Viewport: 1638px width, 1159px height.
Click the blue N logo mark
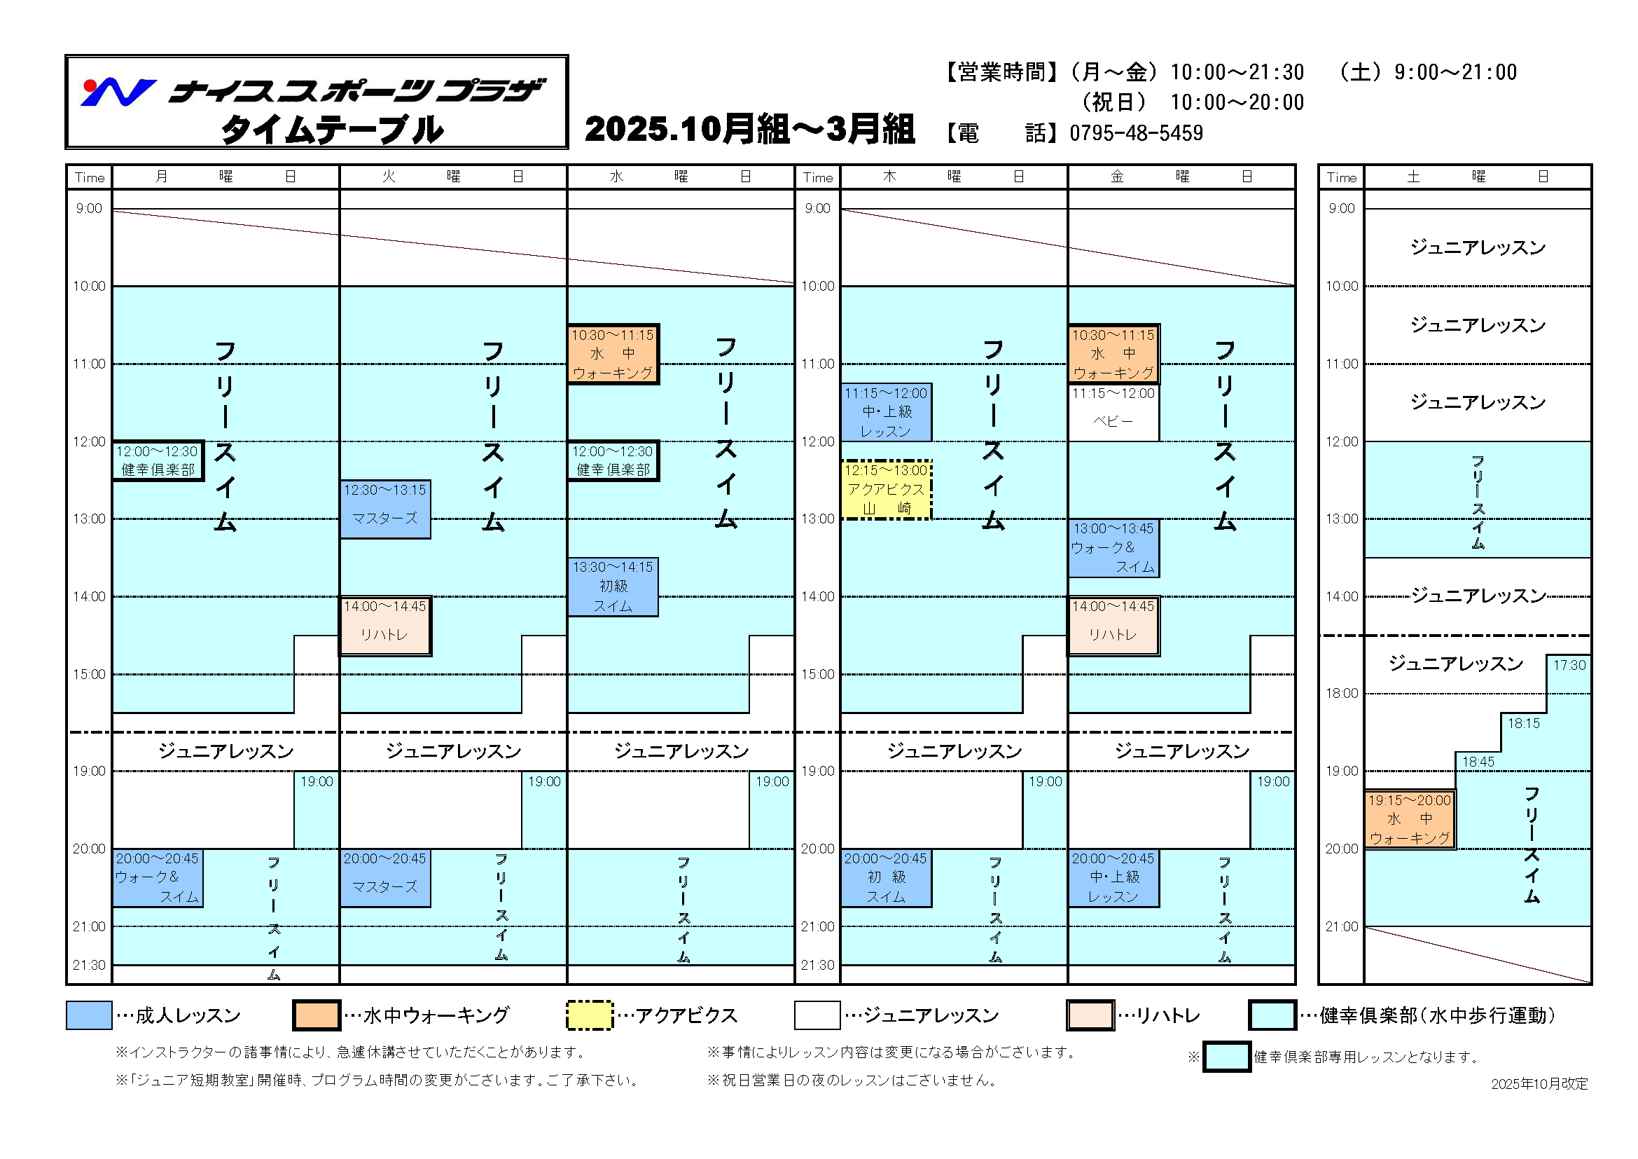pos(118,92)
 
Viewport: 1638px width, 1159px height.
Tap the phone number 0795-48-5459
pos(1136,133)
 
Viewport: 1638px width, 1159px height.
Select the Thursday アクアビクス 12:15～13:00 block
pos(886,490)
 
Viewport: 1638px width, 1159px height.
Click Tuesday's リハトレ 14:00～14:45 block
pos(385,626)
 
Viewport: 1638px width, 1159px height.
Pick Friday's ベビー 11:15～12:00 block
pos(1113,413)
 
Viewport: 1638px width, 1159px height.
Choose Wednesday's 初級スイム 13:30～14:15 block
pos(613,587)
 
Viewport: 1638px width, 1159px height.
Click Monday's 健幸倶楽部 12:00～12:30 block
pos(158,460)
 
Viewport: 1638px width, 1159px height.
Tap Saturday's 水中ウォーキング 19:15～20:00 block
pos(1410,819)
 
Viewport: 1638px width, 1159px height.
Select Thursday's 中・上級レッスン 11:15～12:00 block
pos(886,412)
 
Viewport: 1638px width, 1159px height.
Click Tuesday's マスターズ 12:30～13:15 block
pos(385,509)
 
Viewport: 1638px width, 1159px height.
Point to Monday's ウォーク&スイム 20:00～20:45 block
pos(158,878)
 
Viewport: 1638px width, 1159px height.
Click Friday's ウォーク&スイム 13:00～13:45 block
pos(1113,548)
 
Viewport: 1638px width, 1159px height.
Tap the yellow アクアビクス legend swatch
pos(589,1015)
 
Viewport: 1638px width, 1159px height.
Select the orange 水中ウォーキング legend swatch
pos(316,1015)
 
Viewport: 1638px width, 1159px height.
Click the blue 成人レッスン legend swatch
pos(88,1015)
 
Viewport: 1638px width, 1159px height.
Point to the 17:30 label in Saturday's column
pos(1569,665)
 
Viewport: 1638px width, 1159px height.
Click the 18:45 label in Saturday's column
pos(1478,762)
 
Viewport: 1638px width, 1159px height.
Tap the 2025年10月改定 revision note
pos(1539,1083)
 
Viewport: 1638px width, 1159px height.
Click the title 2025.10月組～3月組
pos(749,130)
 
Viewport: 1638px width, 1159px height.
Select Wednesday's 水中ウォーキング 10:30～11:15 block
pos(613,354)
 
